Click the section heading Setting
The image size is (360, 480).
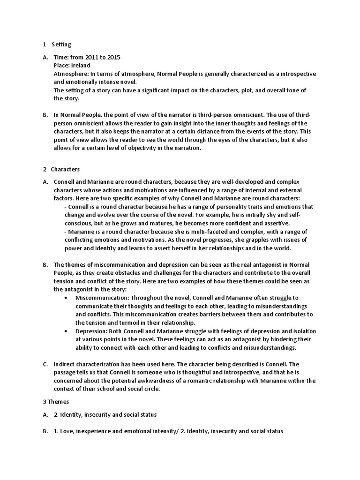(x=61, y=45)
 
